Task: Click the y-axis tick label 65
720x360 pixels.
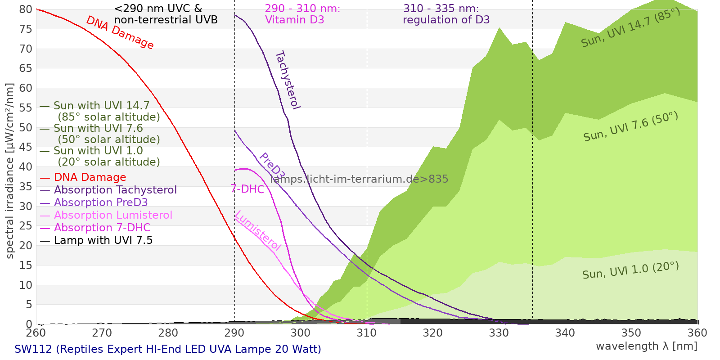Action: coord(26,68)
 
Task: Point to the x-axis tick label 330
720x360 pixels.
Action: coord(499,333)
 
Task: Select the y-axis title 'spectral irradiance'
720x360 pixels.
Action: coord(9,171)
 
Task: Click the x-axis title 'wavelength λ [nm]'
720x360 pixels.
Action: coord(646,346)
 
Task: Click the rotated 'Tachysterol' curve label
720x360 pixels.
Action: coord(288,80)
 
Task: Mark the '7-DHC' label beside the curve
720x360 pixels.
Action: coord(247,189)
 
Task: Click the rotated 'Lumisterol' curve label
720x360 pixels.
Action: coord(258,230)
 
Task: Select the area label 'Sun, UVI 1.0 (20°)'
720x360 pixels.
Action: coord(630,270)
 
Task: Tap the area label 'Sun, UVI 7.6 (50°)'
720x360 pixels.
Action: coord(630,127)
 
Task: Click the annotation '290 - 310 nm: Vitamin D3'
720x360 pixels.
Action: coord(302,14)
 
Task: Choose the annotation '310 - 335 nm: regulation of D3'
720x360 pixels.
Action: coord(446,14)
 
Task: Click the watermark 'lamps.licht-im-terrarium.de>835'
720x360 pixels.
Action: coord(359,179)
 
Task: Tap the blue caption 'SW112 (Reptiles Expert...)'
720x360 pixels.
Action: coord(168,349)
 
